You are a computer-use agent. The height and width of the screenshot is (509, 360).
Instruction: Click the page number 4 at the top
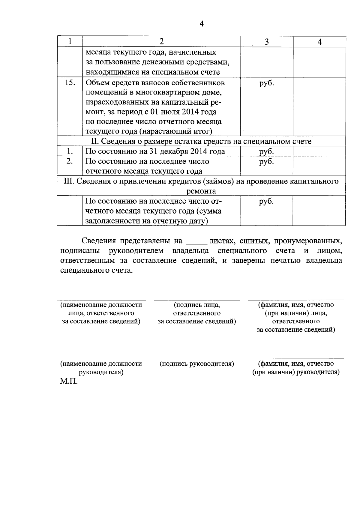201,24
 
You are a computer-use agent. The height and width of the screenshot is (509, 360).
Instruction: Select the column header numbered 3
267,42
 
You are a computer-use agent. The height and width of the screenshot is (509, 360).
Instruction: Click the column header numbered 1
70,41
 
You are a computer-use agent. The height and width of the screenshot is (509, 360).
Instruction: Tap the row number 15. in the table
70,82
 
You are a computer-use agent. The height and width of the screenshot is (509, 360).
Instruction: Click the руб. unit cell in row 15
266,82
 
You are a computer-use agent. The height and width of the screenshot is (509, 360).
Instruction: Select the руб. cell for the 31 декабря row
266,151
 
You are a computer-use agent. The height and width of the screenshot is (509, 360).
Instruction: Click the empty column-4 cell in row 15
319,106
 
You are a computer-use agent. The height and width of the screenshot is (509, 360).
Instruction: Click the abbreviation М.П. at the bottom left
69,382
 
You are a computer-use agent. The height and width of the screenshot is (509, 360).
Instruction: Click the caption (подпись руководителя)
197,364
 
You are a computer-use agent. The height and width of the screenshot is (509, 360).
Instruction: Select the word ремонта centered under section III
201,191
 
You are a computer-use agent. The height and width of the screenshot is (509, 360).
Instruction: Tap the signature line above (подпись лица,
197,300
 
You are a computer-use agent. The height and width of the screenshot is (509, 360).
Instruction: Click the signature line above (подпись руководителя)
197,359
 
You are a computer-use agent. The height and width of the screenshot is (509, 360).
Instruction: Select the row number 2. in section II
70,161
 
